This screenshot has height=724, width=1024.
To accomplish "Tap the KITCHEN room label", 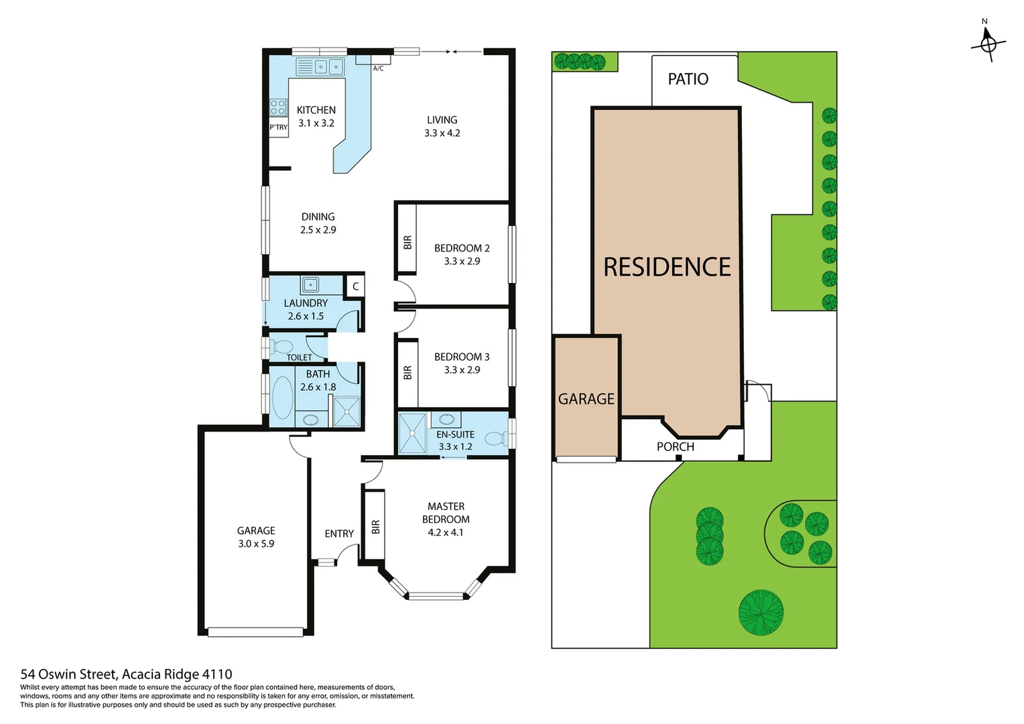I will pyautogui.click(x=316, y=110).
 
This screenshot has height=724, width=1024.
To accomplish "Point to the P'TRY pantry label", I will pyautogui.click(x=278, y=127).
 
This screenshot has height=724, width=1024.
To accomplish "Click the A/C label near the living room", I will pyautogui.click(x=378, y=68).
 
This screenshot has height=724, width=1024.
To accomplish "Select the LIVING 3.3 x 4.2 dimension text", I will pyautogui.click(x=442, y=133).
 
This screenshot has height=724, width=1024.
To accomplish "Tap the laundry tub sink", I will pyautogui.click(x=310, y=285).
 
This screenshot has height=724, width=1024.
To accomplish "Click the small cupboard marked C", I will pyautogui.click(x=355, y=286).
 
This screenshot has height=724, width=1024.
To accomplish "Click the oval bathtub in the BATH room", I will pyautogui.click(x=282, y=398).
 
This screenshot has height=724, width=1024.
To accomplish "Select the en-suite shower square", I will pyautogui.click(x=412, y=433).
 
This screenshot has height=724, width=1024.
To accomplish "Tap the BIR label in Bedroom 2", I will pyautogui.click(x=407, y=242).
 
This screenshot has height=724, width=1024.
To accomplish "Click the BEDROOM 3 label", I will pyautogui.click(x=462, y=357).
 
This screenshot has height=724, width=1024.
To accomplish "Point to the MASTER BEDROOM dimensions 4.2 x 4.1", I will pyautogui.click(x=446, y=532).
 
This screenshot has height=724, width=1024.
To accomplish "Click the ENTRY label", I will pyautogui.click(x=339, y=534).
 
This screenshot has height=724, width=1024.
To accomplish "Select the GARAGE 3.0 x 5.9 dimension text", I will pyautogui.click(x=256, y=544).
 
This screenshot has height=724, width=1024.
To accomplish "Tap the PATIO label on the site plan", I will pyautogui.click(x=688, y=79).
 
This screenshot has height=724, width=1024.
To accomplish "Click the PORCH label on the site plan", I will pyautogui.click(x=675, y=446).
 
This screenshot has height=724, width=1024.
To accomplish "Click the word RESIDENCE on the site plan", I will pyautogui.click(x=667, y=267).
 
